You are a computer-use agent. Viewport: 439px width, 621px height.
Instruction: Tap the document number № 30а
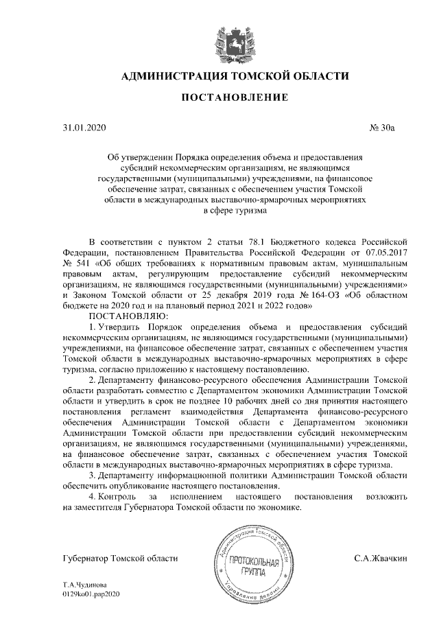point(389,128)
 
